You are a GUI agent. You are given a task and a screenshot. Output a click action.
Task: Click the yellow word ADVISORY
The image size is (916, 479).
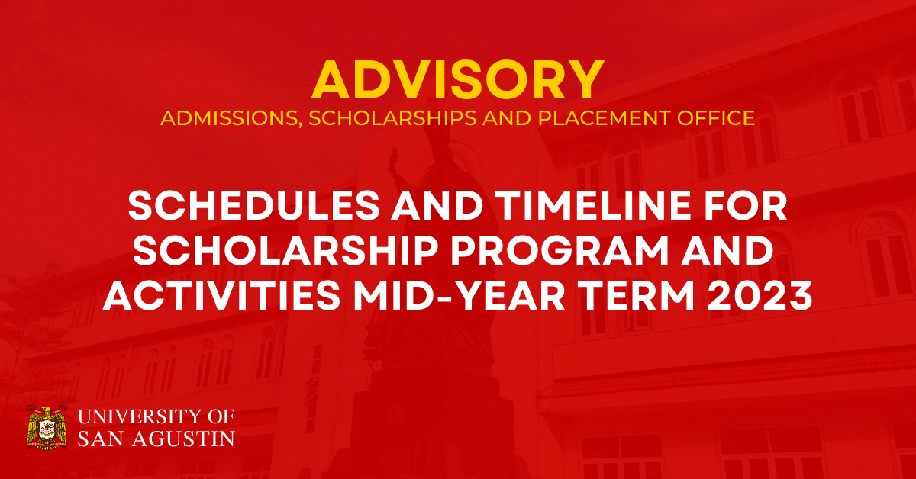[x=458, y=80]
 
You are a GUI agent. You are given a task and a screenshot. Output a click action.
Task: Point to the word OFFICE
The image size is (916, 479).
[x=716, y=118]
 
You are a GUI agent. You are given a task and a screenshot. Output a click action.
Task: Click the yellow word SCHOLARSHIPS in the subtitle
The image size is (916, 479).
[x=392, y=118]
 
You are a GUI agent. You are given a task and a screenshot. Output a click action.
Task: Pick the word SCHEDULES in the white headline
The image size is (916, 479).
[x=254, y=206]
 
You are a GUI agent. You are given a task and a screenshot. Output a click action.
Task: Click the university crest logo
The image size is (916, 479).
[x=47, y=428]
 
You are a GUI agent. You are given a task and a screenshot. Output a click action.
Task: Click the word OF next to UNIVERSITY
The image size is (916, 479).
[x=221, y=417]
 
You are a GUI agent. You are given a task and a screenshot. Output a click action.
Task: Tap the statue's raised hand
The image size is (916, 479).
[x=393, y=156]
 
